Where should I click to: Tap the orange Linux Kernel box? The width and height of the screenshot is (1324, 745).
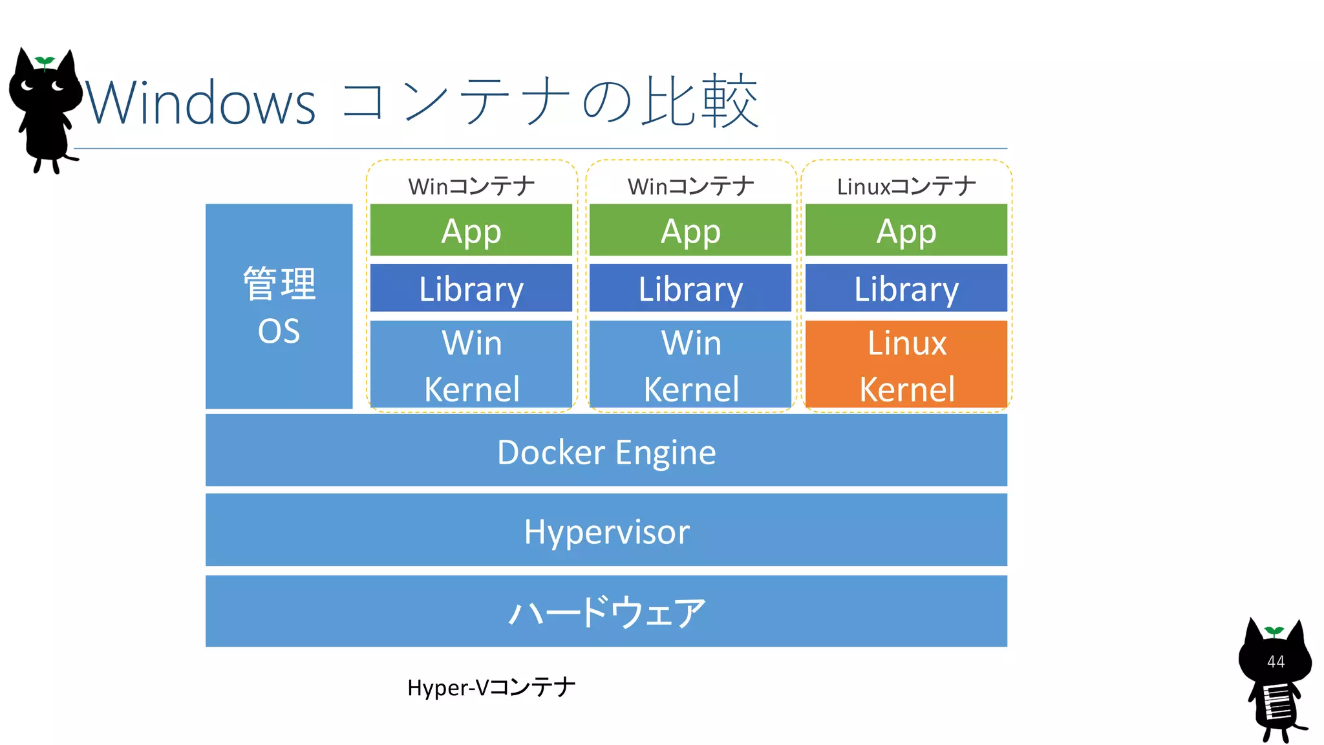coord(906,365)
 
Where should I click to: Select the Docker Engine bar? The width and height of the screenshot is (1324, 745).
coord(606,451)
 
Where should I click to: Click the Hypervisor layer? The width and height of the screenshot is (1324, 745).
coord(606,530)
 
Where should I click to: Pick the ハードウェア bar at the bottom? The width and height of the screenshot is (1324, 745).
coord(606,611)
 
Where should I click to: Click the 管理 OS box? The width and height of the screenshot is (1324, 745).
coord(279,306)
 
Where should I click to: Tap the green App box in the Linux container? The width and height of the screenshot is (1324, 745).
coord(906,230)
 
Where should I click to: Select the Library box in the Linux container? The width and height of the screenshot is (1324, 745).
coord(906,288)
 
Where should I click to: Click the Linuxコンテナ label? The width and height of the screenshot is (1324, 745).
coord(906,186)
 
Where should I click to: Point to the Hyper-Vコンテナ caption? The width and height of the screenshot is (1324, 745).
coord(491,687)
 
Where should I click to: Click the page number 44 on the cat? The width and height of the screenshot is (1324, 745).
coord(1276,662)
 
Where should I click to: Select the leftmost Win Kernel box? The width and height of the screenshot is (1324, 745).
coord(471,365)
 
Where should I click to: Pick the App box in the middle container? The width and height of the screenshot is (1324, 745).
coord(690,230)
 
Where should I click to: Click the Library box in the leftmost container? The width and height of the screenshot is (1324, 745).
coord(471,288)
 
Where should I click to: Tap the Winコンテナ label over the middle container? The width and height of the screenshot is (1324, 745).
coord(690,186)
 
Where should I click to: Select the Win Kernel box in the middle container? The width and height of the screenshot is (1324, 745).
coord(690,365)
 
